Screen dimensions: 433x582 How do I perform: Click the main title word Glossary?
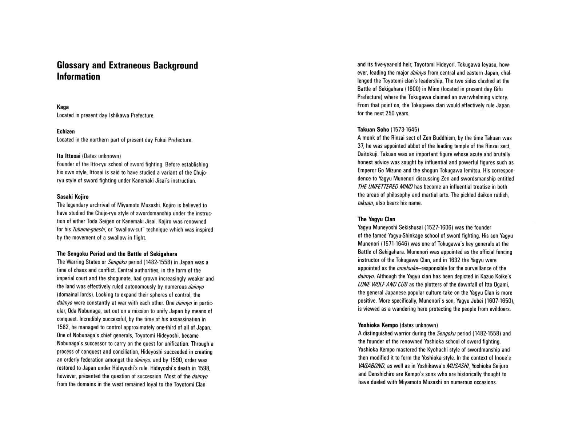tap(73, 66)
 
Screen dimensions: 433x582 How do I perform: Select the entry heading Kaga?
tap(63, 107)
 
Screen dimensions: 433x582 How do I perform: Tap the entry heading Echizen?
tap(65, 131)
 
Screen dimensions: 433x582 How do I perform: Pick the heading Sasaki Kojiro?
tap(72, 197)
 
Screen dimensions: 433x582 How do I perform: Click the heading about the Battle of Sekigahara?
tap(117, 254)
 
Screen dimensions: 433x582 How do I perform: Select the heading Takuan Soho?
tap(373, 130)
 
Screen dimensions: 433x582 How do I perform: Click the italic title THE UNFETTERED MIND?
tap(385, 187)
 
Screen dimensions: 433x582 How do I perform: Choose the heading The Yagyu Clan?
tap(376, 219)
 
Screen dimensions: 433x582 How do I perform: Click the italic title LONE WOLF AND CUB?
tap(383, 285)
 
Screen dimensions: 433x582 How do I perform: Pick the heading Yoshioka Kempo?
tap(378, 325)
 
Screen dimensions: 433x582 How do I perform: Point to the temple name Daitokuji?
tap(368, 154)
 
